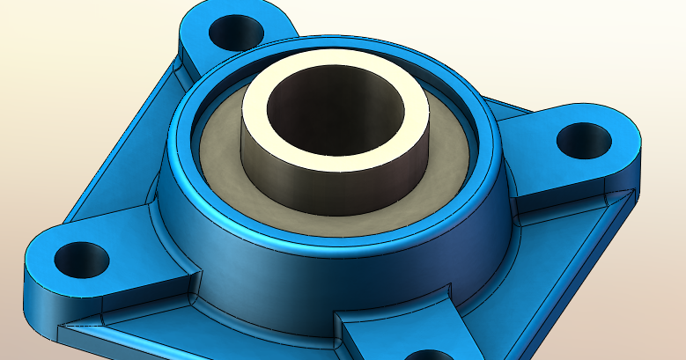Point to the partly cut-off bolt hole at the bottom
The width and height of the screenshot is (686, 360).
tap(429, 354)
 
